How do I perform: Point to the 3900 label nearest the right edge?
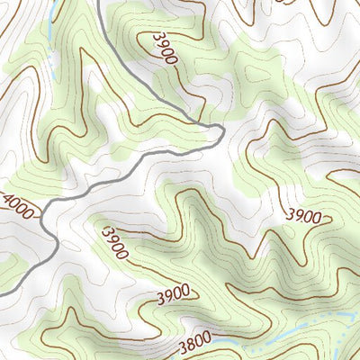[x=303, y=215]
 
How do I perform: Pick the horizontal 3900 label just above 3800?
[x=172, y=292]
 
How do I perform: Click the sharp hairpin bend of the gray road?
[x=220, y=131]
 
